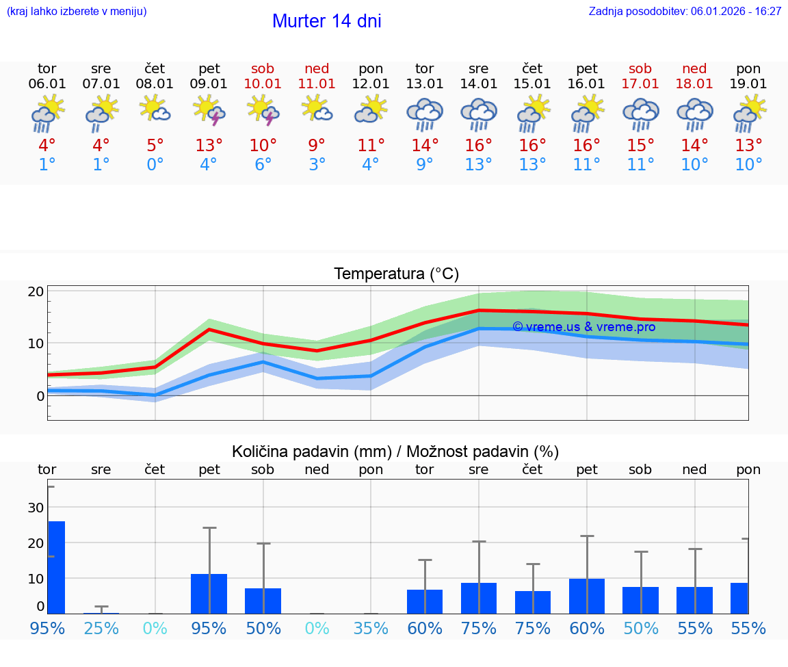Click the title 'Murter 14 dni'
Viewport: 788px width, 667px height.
pos(326,21)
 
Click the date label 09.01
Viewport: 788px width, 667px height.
pos(209,84)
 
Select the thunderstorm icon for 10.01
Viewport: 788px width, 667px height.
pos(263,111)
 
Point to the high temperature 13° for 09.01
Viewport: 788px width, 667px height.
pos(209,146)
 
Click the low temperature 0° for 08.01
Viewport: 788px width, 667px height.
pos(155,165)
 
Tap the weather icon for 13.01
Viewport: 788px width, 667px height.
pos(425,114)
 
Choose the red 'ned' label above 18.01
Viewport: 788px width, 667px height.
pos(694,69)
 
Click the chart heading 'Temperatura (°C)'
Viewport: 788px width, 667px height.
pos(396,274)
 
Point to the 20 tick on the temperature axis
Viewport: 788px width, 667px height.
pos(36,291)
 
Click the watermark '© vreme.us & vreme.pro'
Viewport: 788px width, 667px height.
pos(583,327)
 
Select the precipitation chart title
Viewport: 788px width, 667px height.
pos(395,452)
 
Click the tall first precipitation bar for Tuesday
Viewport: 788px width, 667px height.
pos(56,566)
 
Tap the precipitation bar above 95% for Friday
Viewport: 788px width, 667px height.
pos(209,593)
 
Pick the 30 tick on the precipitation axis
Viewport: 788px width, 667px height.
pos(36,508)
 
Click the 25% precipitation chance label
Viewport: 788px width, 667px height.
pos(101,628)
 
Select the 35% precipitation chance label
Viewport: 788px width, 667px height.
pos(371,628)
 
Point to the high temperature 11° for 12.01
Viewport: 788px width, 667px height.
pos(371,146)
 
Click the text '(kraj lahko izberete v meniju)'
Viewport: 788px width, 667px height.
pos(77,12)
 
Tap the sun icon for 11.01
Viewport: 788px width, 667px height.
pos(317,109)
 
